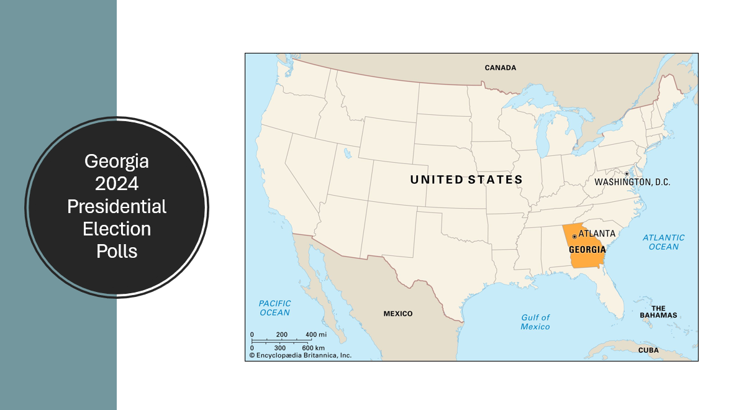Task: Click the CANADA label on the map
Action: point(500,67)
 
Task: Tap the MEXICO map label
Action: point(397,314)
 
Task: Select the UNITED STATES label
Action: point(466,180)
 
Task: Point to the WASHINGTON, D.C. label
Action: point(632,183)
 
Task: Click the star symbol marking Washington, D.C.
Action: point(627,173)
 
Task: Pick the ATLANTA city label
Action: point(597,234)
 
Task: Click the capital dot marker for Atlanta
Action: point(574,236)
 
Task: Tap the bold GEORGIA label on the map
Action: point(587,249)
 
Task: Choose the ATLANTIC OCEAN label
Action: point(663,242)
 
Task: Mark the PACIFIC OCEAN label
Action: point(274,308)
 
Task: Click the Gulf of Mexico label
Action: point(535,322)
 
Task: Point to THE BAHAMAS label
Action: point(658,312)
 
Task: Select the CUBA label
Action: point(648,350)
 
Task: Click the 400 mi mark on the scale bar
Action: point(315,335)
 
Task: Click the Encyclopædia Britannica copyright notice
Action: point(301,355)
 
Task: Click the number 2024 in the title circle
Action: point(117,184)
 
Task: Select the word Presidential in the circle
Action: point(117,206)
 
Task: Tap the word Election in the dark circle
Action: point(117,229)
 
